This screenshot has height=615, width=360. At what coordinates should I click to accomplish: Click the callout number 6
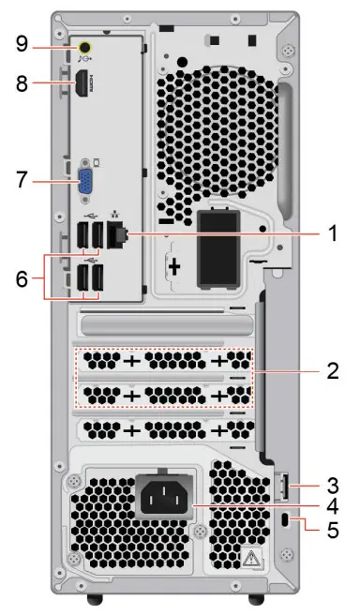[23, 279]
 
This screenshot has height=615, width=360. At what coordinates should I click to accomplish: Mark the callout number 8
[23, 83]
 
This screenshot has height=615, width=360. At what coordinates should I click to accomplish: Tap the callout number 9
[23, 44]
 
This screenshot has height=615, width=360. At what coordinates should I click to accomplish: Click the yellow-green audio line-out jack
[85, 45]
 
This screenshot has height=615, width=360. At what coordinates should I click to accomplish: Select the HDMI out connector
[83, 83]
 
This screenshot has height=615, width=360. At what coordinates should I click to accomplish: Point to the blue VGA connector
[84, 178]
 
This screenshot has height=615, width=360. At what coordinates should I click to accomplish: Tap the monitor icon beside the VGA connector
[97, 160]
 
